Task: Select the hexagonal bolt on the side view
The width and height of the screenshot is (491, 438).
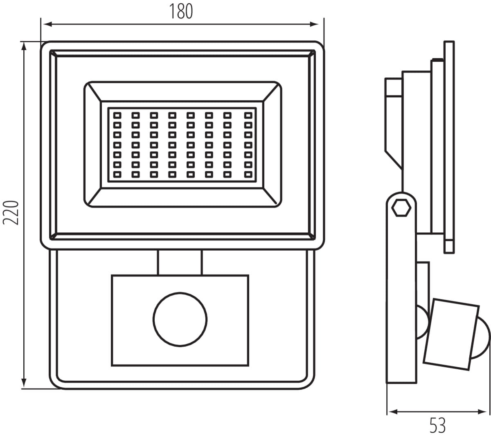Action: pos(401,208)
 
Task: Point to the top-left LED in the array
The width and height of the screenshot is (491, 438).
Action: pos(117,115)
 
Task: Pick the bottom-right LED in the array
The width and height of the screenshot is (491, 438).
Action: pos(248,175)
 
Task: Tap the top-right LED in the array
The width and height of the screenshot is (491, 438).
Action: pos(248,115)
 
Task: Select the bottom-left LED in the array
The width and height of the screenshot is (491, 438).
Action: pos(117,175)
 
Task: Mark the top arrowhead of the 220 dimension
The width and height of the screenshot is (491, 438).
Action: pos(25,46)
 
